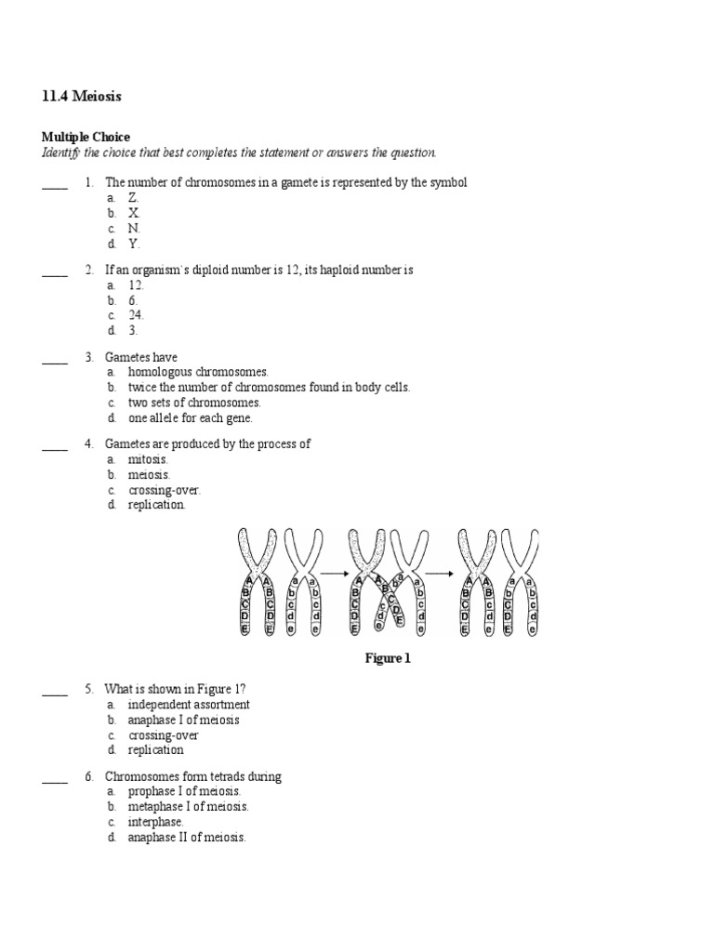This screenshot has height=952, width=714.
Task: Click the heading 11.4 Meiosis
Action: (x=82, y=96)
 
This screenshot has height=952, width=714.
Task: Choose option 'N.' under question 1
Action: (x=134, y=228)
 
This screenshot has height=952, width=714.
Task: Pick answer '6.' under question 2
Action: (x=133, y=300)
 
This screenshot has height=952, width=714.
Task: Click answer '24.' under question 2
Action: (x=136, y=315)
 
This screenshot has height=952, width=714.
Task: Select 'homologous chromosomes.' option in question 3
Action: (x=197, y=372)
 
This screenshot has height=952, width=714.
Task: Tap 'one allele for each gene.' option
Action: (x=190, y=417)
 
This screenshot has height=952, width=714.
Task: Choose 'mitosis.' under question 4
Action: (x=148, y=459)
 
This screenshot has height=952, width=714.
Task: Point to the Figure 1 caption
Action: (x=386, y=658)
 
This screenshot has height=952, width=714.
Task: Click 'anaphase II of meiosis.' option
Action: (x=187, y=837)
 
